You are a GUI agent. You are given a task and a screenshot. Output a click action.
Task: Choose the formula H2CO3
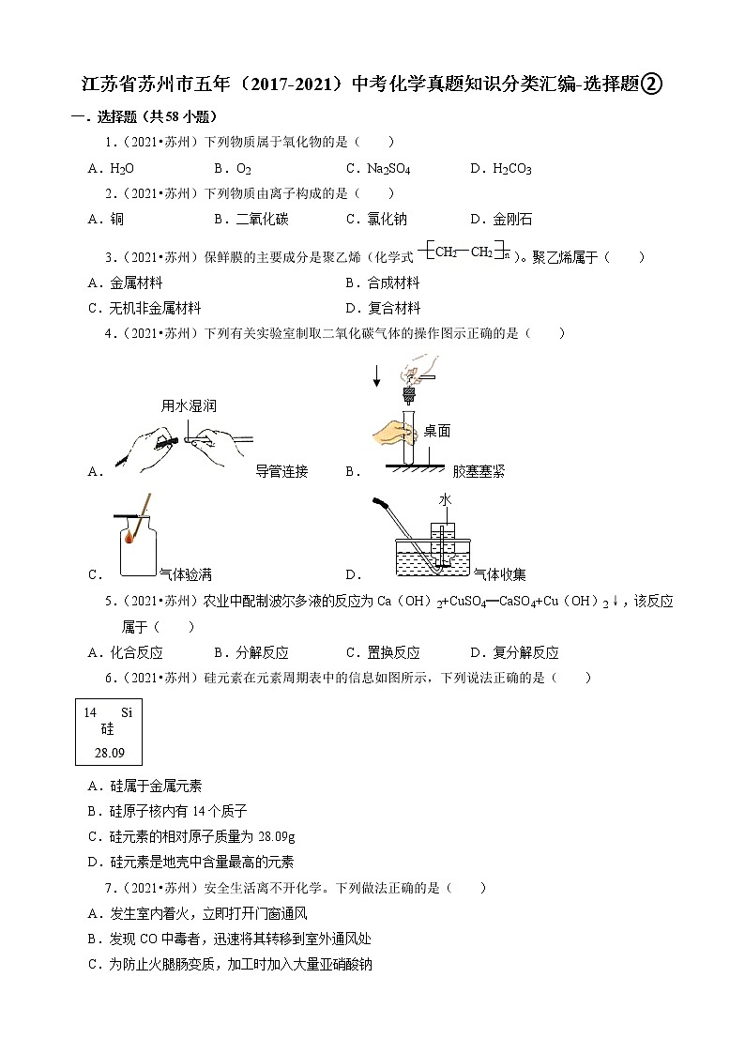pyautogui.click(x=512, y=169)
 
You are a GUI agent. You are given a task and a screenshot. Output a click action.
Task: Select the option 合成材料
pyautogui.click(x=393, y=283)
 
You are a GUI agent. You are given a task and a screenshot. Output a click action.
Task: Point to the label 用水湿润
pyautogui.click(x=189, y=405)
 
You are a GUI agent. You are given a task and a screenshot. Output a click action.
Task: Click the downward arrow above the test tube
pyautogui.click(x=376, y=375)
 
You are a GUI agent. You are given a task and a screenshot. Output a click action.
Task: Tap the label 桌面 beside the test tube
pyautogui.click(x=436, y=431)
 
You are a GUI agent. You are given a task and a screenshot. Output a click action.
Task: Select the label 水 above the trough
pyautogui.click(x=445, y=501)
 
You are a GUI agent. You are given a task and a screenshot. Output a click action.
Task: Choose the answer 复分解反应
pyautogui.click(x=525, y=652)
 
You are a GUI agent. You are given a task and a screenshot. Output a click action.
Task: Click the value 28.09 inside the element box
pyautogui.click(x=110, y=752)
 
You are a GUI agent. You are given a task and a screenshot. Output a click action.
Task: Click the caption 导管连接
pyautogui.click(x=281, y=471)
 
